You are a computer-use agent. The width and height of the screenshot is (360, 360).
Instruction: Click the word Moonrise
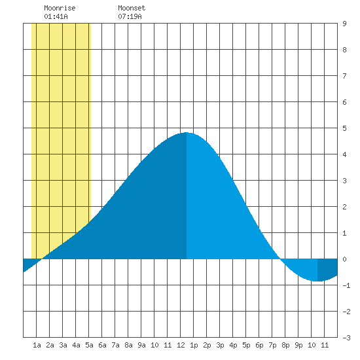pos(60,8)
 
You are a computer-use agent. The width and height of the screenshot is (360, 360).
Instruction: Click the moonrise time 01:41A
pos(56,16)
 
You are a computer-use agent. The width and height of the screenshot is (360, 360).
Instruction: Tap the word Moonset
pos(132,8)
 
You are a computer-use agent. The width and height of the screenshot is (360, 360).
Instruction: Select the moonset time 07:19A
pos(130,16)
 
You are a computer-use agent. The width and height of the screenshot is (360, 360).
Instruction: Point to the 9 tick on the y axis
pos(344,24)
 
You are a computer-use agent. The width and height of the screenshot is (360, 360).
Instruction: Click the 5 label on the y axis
pos(344,128)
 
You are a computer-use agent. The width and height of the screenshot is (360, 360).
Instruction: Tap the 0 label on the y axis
pos(344,259)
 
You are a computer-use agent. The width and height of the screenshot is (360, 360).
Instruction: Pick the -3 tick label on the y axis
pos(346,338)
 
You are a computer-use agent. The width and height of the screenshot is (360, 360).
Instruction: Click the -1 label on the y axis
pos(346,285)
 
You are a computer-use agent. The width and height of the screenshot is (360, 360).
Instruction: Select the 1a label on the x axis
pos(37,345)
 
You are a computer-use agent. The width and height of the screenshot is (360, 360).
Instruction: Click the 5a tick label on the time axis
pos(89,345)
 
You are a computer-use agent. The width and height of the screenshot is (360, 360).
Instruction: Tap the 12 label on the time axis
pos(181,345)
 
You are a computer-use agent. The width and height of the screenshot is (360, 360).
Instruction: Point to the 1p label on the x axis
pos(194,345)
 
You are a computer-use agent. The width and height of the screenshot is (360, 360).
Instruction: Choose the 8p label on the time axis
pos(285,345)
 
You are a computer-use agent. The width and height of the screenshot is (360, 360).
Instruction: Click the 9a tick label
pos(141,345)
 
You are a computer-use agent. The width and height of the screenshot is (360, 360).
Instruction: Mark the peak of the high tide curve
pos(187,132)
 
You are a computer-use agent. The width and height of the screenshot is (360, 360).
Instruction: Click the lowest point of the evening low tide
pos(317,281)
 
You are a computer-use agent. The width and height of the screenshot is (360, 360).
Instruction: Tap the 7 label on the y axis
pos(344,76)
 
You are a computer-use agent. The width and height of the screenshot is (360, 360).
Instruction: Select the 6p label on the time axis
pos(259,345)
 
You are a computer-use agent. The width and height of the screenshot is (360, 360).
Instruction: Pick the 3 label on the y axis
pos(344,181)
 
